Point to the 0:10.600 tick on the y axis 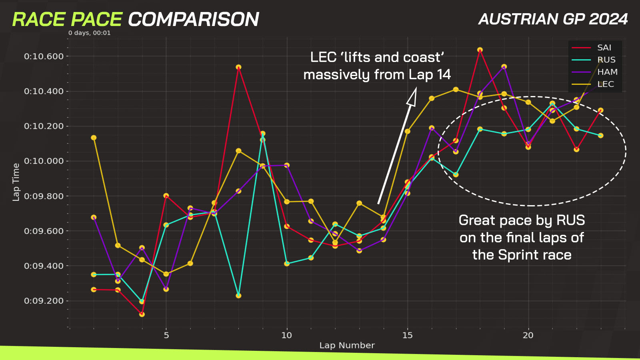coord(44,56)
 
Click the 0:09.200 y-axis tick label coord(44,301)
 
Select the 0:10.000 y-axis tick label coord(44,161)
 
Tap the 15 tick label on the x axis coord(408,336)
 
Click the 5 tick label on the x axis coord(166,336)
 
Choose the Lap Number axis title coord(347,346)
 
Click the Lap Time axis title coord(16,182)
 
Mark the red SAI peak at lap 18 coord(480,50)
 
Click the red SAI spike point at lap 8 coord(238,67)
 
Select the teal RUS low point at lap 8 coord(238,296)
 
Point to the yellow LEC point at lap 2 coord(94,138)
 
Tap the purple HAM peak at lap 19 coord(504,66)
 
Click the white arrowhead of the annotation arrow coord(412,96)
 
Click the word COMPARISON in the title coord(194,20)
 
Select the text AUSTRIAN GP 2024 coord(553,19)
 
